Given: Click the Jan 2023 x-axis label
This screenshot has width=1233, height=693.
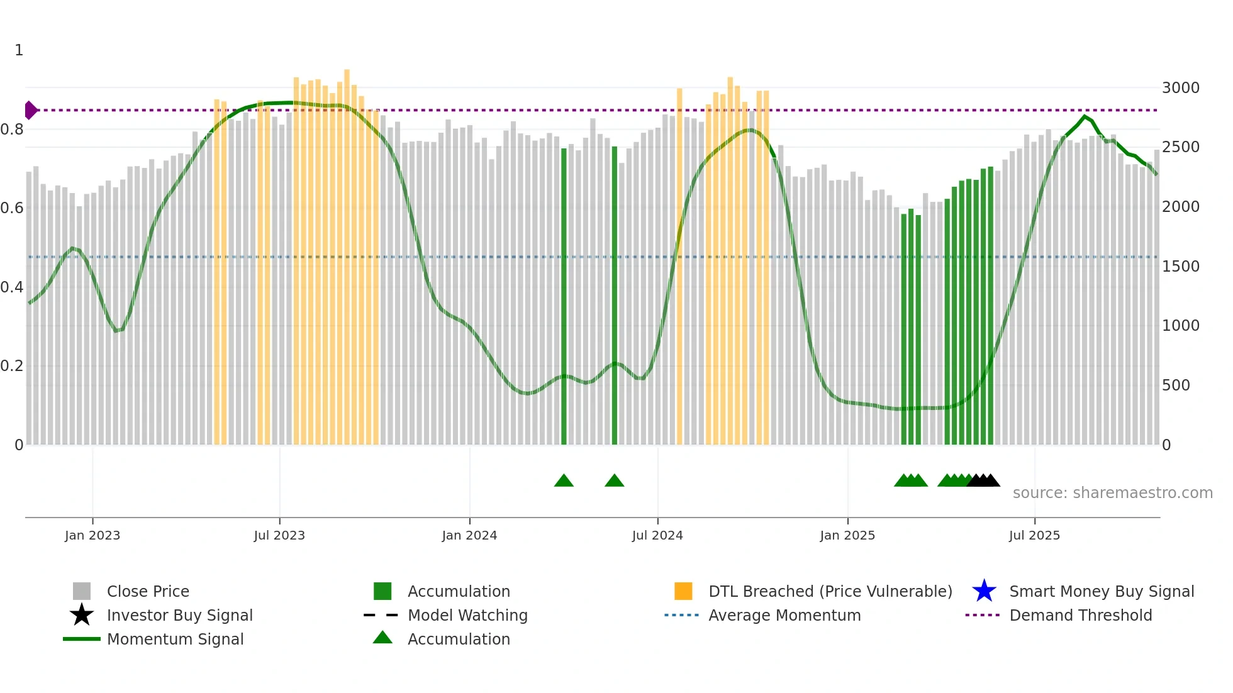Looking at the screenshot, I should click(x=92, y=535).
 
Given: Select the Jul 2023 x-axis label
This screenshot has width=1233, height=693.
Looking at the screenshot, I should click(x=279, y=535).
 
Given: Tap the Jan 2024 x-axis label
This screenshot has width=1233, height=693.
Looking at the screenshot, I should click(x=469, y=535).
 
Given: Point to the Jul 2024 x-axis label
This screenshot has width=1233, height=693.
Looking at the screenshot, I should click(x=657, y=535).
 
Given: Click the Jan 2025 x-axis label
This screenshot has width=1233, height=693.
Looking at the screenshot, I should click(x=847, y=535).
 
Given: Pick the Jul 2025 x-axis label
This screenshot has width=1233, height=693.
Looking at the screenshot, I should click(x=1034, y=535).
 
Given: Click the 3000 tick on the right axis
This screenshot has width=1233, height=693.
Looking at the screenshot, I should click(x=1180, y=88).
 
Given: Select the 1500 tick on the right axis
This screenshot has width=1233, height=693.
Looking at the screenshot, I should click(x=1180, y=267).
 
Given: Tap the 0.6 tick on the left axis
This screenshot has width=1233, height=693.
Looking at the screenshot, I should click(x=12, y=208).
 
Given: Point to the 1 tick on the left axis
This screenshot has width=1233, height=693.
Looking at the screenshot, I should click(x=19, y=50).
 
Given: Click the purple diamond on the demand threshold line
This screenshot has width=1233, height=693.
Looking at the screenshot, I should click(x=30, y=110).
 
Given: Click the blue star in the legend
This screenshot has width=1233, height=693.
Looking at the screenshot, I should click(x=984, y=591).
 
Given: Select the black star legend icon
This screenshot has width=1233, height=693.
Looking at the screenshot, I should click(x=82, y=615).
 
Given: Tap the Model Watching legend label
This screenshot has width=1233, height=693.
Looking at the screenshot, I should click(x=467, y=615).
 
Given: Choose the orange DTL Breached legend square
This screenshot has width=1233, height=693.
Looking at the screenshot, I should click(x=683, y=591).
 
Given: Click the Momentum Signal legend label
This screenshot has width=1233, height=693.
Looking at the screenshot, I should click(x=175, y=639).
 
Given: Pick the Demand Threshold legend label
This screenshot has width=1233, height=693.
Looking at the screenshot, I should click(x=1080, y=615).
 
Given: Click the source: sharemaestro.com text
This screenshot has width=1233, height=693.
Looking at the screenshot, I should click(x=1112, y=493).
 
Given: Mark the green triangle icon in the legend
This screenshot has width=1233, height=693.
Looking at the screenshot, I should click(x=382, y=638).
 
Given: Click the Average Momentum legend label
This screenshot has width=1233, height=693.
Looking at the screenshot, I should click(x=784, y=615).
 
